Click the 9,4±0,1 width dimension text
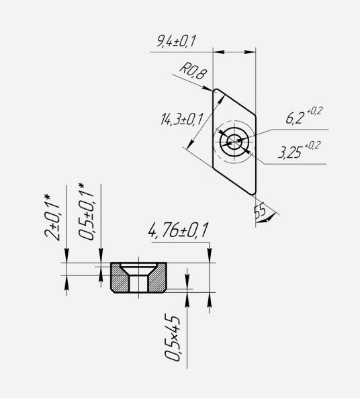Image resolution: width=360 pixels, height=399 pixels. (177, 41)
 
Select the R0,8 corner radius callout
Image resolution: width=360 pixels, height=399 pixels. (193, 71)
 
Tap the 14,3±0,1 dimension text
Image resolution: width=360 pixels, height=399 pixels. (182, 119)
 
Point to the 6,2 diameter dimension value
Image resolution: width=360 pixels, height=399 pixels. (295, 118)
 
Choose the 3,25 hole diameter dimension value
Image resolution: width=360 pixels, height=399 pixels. (290, 152)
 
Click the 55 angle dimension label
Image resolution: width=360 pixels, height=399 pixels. (260, 210)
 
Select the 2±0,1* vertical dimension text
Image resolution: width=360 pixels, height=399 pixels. (52, 218)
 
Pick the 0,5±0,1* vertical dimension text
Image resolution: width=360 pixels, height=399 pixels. (86, 211)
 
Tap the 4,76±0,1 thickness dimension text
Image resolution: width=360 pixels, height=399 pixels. (179, 230)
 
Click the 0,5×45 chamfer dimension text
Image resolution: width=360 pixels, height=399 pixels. (172, 339)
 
